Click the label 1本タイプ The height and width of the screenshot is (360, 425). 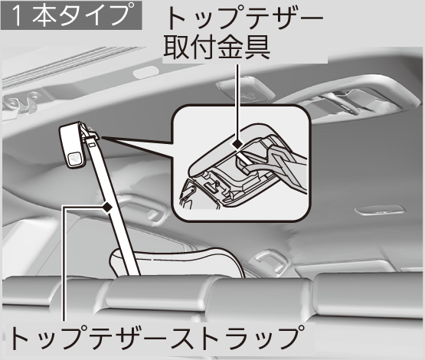pyautogui.click(x=71, y=15)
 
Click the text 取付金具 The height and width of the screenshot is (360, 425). pyautogui.click(x=217, y=48)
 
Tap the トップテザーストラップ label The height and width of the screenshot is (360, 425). pyautogui.click(x=155, y=338)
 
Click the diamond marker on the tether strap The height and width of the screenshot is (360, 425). pyautogui.click(x=107, y=208)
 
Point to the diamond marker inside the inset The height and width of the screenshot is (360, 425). pyautogui.click(x=237, y=144)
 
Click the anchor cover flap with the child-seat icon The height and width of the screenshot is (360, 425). pyautogui.click(x=72, y=146)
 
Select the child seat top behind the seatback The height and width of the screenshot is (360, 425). pyautogui.click(x=176, y=260)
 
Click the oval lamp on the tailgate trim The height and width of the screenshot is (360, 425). pyautogui.click(x=145, y=72)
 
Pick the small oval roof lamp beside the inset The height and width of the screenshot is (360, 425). pyautogui.click(x=379, y=211)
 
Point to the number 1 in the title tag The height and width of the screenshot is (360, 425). pyautogui.click(x=17, y=16)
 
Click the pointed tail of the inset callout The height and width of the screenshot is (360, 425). pyautogui.click(x=100, y=138)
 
